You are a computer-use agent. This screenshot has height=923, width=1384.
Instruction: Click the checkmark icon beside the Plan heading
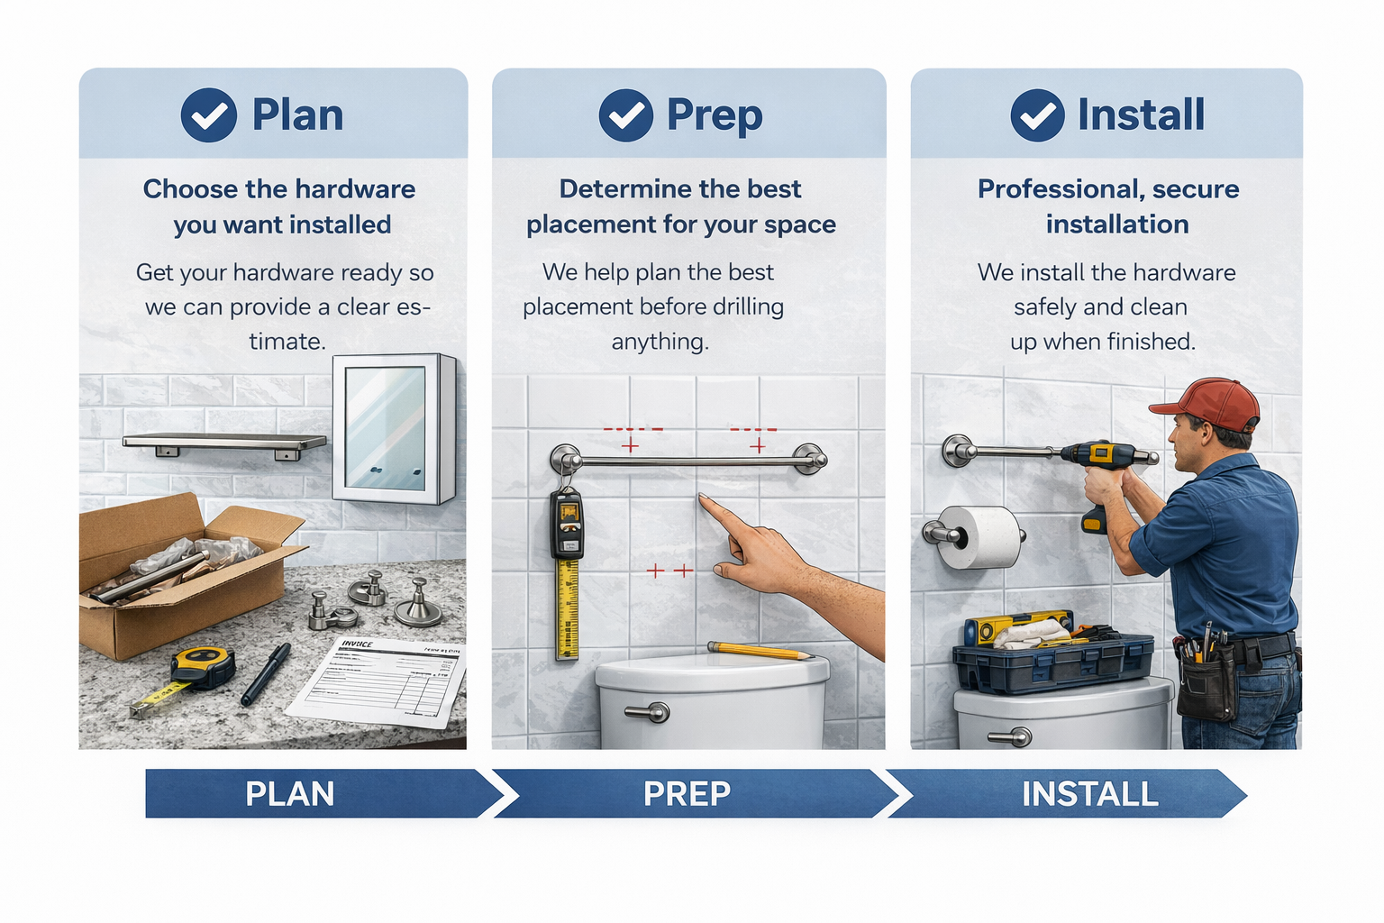tap(208, 115)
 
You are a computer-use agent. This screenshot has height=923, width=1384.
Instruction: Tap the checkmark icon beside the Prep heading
tap(625, 115)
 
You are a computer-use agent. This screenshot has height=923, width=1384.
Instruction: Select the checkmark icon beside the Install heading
tap(1037, 115)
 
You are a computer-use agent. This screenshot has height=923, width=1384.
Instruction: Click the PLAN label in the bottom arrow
tap(289, 794)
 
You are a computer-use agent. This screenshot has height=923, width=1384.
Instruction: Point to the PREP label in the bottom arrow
tap(687, 794)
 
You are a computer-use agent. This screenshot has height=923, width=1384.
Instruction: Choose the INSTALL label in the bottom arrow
tap(1089, 794)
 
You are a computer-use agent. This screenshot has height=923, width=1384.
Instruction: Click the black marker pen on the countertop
tap(266, 673)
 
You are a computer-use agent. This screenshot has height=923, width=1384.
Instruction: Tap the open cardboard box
tap(180, 577)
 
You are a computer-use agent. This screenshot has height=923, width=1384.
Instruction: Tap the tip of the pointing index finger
tap(702, 498)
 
